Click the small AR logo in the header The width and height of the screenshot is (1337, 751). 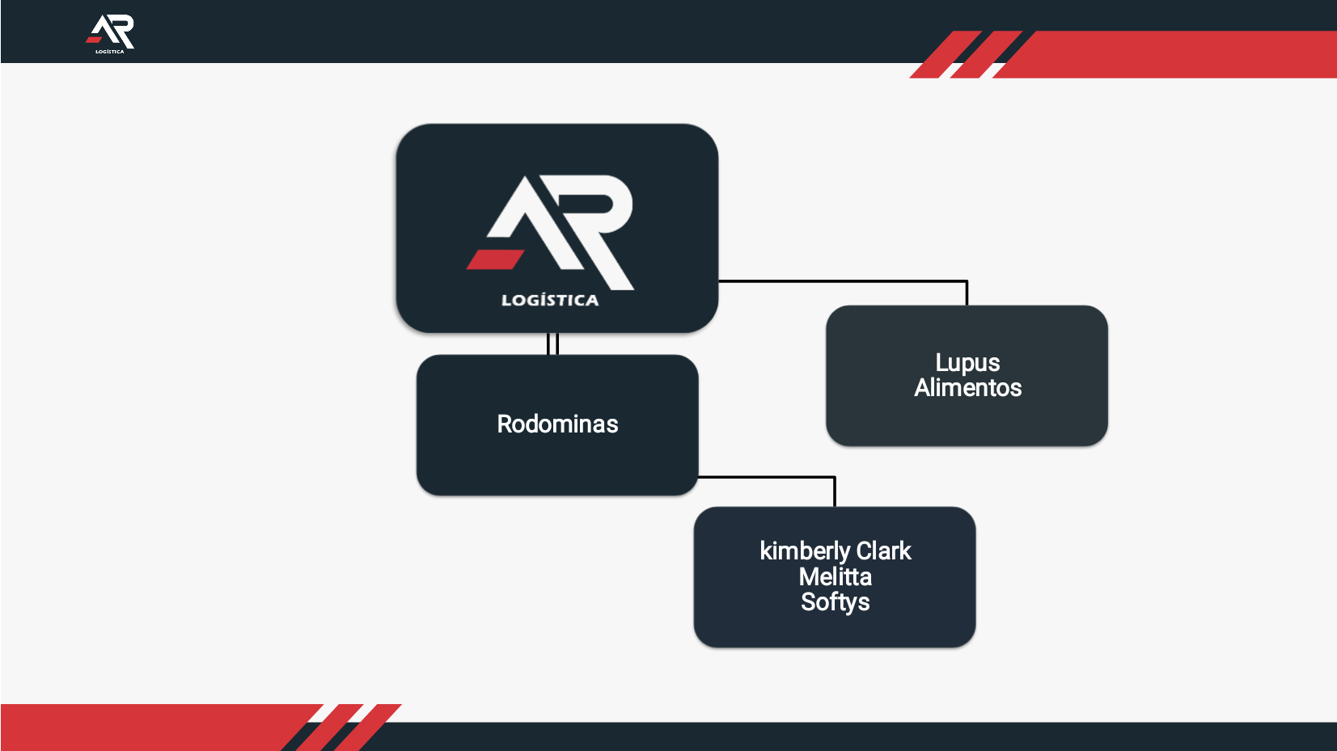pos(111,32)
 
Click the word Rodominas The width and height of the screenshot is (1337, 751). pos(557,424)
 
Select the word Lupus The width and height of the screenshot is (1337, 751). pos(967,363)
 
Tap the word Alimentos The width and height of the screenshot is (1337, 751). pos(967,388)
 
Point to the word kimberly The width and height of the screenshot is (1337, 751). pos(804,551)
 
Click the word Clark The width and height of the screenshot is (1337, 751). pos(883,551)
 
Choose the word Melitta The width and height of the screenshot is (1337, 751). pos(835,577)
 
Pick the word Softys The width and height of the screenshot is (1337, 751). pos(835,602)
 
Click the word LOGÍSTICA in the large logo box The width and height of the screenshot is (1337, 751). pos(550,301)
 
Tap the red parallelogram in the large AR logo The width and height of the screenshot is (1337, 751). pos(495,259)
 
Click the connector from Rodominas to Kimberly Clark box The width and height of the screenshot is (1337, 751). pos(768,477)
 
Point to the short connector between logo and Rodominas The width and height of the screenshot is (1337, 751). pos(553,344)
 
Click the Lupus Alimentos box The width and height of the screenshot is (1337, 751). pos(967,420)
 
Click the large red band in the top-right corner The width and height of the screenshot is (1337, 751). pos(1173,54)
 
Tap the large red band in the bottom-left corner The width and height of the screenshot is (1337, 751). pos(146,727)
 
